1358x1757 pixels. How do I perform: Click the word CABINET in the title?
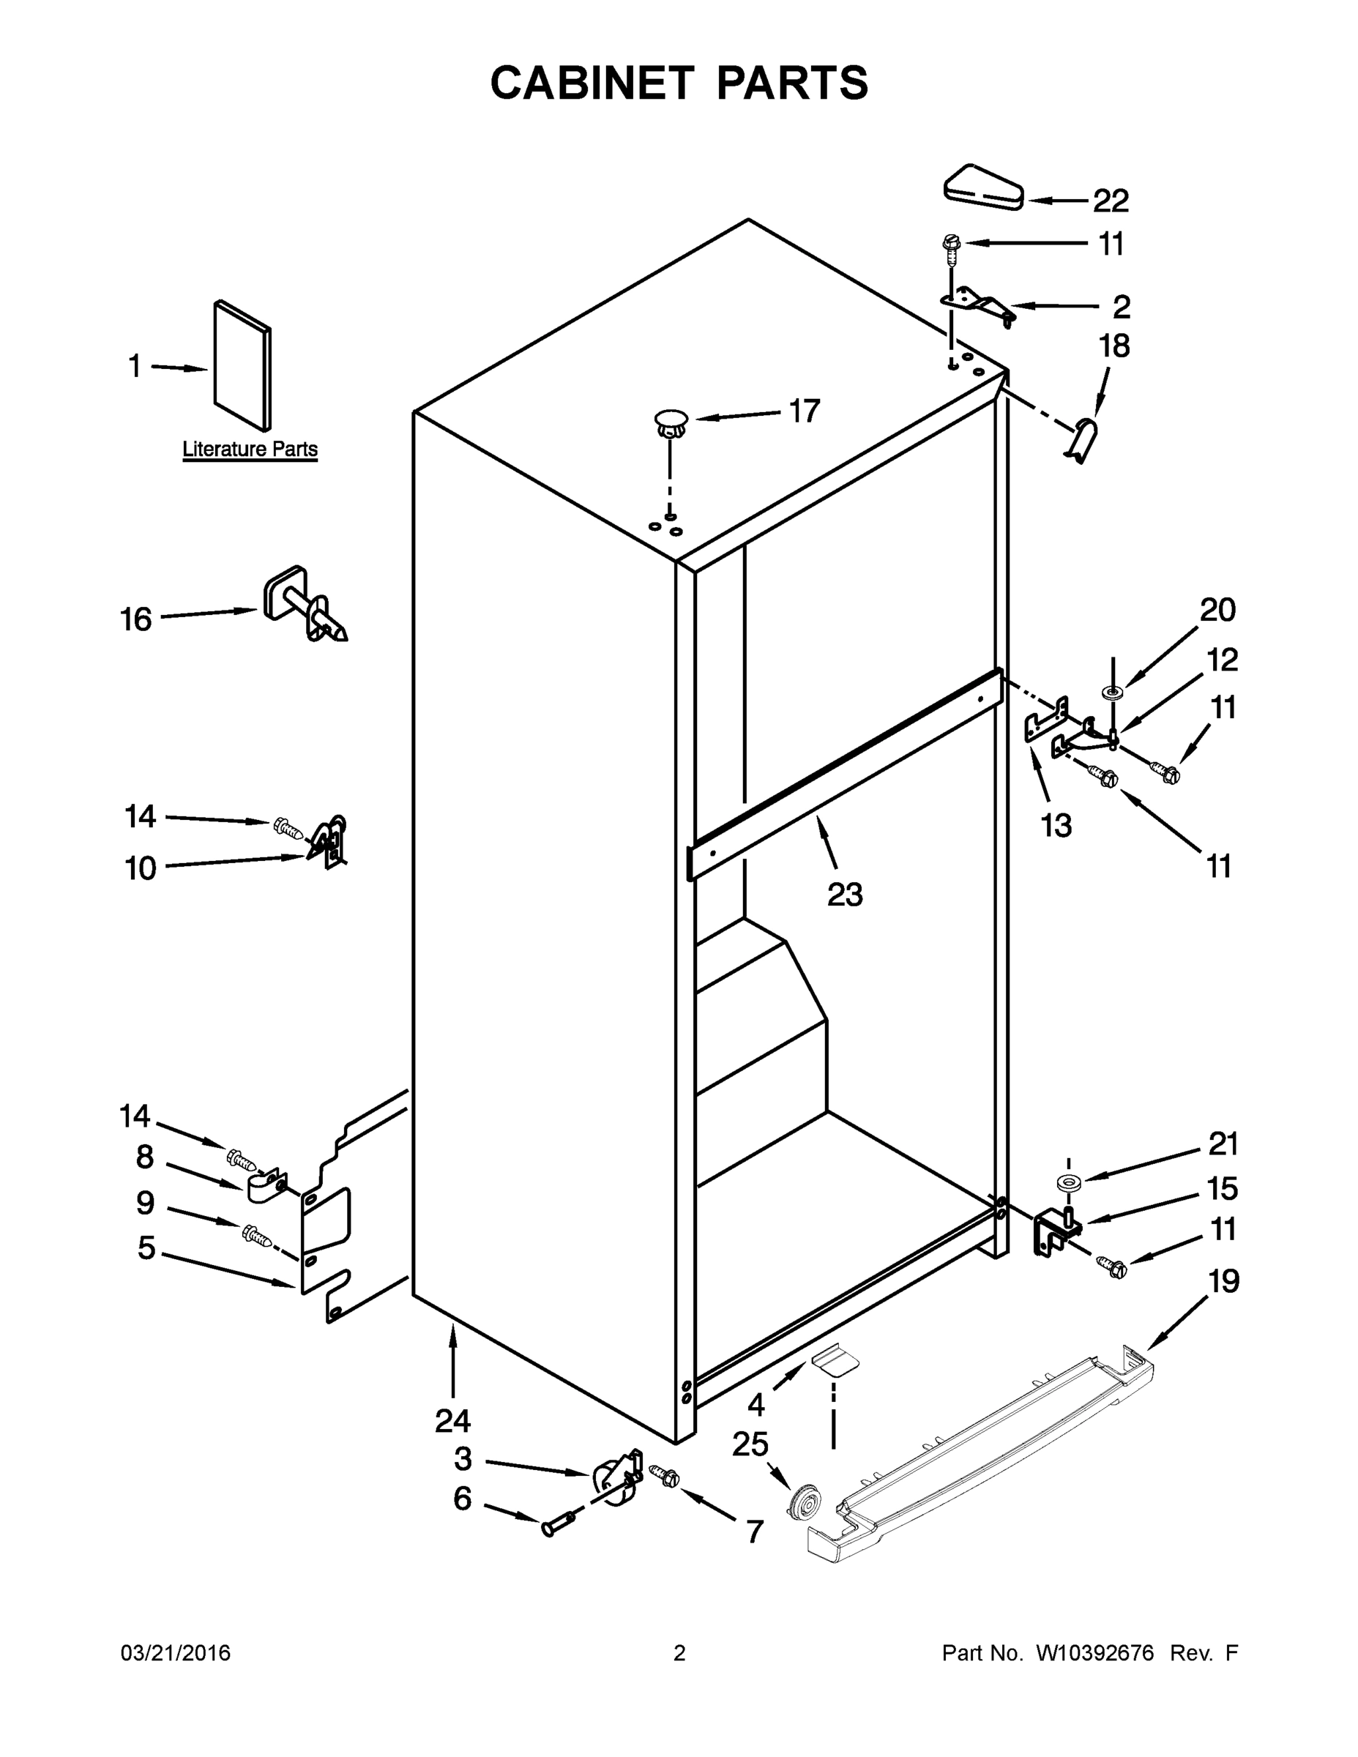(x=592, y=83)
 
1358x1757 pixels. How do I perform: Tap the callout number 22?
(x=1111, y=201)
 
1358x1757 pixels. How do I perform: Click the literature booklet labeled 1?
(x=242, y=366)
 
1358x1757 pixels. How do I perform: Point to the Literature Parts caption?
(x=250, y=449)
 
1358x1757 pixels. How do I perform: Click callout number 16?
(x=135, y=619)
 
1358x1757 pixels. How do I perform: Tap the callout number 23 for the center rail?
(x=844, y=894)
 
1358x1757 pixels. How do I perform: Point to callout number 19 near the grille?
(x=1223, y=1280)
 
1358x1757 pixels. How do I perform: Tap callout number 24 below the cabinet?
(x=452, y=1421)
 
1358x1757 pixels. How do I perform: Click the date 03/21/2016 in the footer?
(x=176, y=1652)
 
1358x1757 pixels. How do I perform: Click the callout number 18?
(x=1114, y=346)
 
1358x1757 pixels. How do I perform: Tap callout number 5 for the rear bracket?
(x=146, y=1247)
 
